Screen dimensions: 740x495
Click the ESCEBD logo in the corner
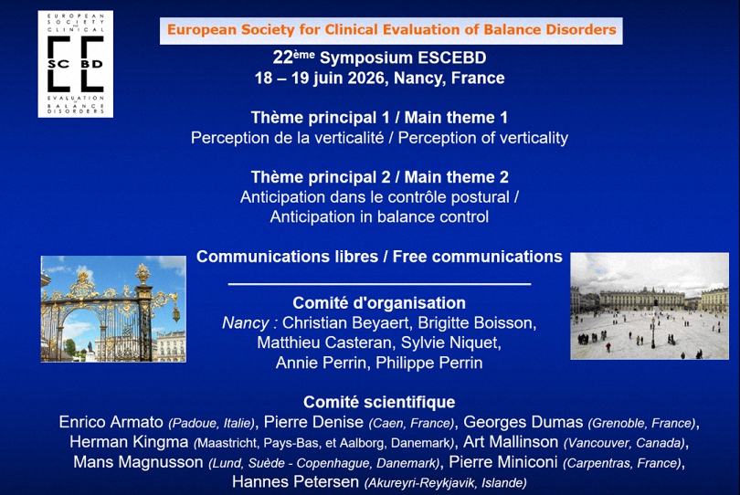[76, 64]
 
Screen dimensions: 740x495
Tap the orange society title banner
[391, 31]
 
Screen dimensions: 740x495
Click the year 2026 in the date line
[366, 78]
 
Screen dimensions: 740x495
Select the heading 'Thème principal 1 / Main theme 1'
[379, 118]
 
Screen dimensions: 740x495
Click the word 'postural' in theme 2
[480, 196]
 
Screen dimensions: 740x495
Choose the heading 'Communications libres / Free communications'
[379, 257]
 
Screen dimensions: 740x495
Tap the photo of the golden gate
[113, 309]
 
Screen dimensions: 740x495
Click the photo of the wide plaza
[650, 306]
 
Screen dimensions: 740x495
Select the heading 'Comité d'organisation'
[379, 303]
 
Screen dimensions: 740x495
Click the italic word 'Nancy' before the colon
[246, 323]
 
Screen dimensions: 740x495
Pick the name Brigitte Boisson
[475, 323]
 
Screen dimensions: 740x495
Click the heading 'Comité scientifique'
[379, 402]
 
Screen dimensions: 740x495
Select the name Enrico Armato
[111, 422]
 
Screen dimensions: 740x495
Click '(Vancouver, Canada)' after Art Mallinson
[624, 443]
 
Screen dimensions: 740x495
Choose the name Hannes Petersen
[295, 482]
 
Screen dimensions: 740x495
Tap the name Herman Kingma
[129, 442]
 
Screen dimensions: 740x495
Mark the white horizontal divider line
[379, 284]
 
